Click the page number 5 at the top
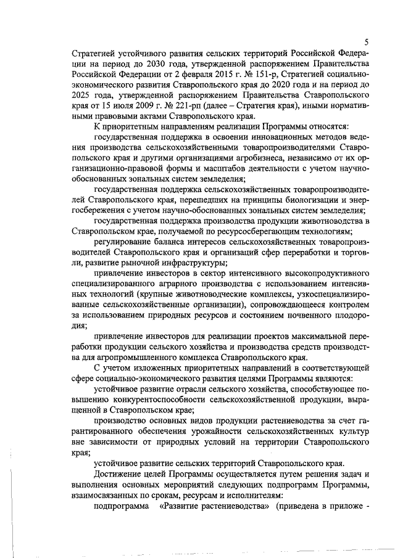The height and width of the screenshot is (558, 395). point(366,42)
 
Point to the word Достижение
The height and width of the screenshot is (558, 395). point(120,475)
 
